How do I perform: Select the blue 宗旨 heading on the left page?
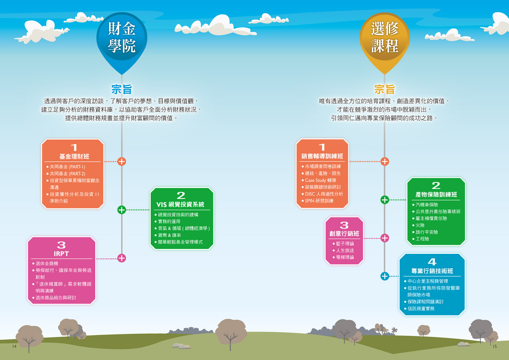click(x=121, y=89)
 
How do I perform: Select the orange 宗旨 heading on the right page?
click(x=384, y=89)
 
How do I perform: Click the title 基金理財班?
click(x=74, y=156)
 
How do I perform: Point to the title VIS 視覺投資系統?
click(x=180, y=205)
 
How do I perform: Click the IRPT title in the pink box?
click(x=61, y=254)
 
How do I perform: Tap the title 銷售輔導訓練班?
click(x=322, y=156)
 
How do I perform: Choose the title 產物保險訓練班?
click(x=436, y=194)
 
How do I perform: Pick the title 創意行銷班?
click(x=344, y=234)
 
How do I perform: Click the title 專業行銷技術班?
click(x=432, y=271)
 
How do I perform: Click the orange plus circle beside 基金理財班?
click(x=122, y=162)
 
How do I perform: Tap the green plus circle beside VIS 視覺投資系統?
click(x=122, y=210)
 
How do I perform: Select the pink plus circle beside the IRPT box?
click(x=122, y=258)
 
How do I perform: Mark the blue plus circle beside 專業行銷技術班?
click(x=385, y=276)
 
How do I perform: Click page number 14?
click(x=14, y=346)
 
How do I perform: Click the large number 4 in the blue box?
click(x=432, y=262)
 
